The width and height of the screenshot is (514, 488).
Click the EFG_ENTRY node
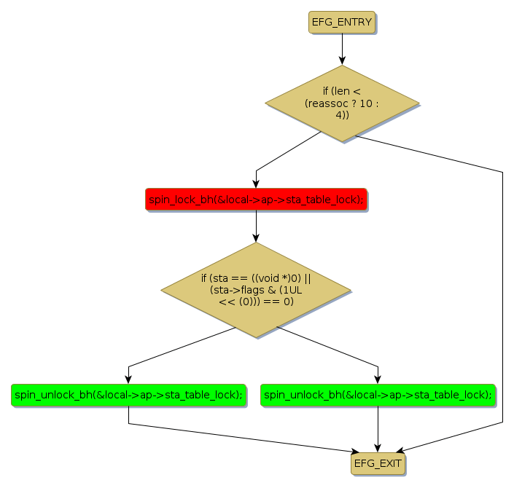click(341, 23)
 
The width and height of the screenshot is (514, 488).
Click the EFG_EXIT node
click(377, 463)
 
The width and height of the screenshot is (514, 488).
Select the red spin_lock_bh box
click(256, 200)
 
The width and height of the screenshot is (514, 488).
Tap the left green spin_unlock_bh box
click(128, 395)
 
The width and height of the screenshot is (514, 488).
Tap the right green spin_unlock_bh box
click(378, 395)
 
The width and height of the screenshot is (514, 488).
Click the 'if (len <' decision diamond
click(341, 103)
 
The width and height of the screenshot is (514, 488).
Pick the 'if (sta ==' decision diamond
click(256, 290)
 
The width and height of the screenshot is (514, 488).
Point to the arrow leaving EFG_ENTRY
click(341, 48)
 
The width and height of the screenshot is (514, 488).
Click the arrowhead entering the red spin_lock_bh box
click(256, 184)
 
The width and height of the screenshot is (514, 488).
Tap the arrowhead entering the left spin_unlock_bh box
click(128, 379)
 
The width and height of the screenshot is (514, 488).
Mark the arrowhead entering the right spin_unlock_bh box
click(378, 379)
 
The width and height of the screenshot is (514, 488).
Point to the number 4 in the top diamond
click(339, 115)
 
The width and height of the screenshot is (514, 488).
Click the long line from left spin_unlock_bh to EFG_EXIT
click(241, 437)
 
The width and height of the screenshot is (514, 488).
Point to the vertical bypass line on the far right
click(502, 291)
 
